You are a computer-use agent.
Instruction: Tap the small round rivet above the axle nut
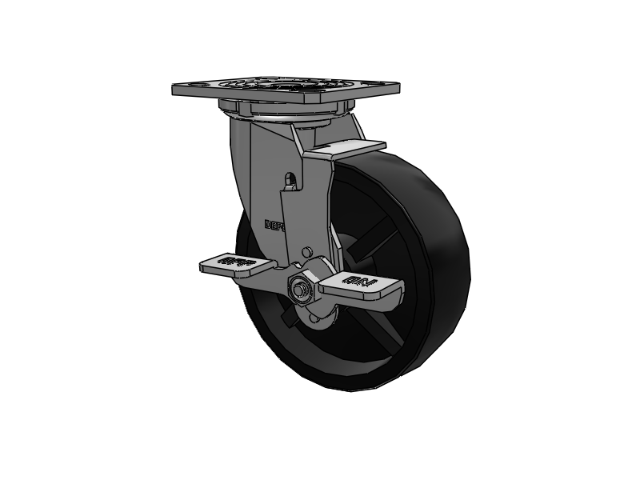point(306,253)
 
